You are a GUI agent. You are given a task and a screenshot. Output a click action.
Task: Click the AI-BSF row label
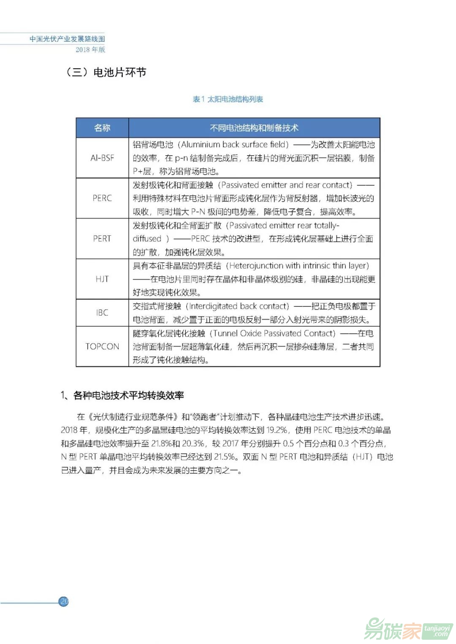102,158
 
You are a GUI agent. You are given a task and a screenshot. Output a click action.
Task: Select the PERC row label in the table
102,198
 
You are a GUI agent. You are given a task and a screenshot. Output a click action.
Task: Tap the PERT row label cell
102,238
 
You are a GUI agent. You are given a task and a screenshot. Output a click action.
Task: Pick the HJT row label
102,279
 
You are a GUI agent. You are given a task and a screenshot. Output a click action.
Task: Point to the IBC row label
102,313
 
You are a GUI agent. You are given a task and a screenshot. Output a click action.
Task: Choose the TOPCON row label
102,346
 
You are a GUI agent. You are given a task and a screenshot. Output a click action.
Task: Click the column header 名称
102,128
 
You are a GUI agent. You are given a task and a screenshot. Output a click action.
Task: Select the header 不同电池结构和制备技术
254,128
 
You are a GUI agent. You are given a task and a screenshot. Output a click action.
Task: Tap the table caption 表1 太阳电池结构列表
228,99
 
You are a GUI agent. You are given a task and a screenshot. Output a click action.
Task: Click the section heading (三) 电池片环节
106,73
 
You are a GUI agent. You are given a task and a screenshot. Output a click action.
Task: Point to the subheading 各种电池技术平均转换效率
128,395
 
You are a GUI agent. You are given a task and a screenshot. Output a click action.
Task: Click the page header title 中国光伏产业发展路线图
67,39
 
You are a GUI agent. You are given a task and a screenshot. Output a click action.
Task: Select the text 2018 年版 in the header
90,49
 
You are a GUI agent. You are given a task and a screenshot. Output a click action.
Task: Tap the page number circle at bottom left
64,601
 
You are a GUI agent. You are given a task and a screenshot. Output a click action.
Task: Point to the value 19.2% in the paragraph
277,430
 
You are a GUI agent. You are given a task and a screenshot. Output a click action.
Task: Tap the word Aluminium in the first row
201,144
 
